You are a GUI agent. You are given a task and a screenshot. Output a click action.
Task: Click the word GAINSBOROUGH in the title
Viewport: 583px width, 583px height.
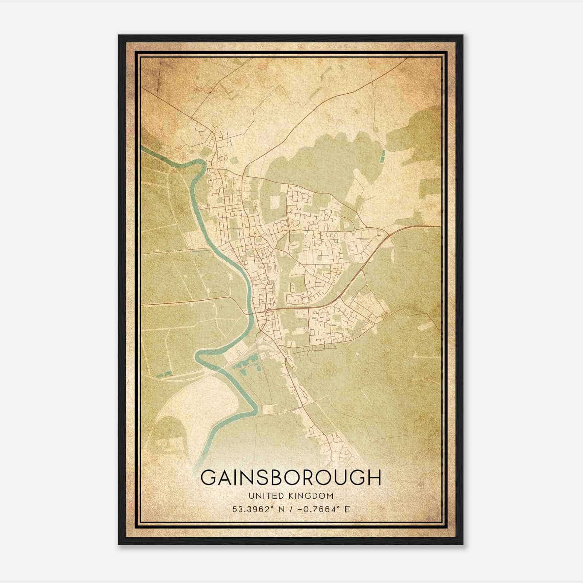(x=291, y=478)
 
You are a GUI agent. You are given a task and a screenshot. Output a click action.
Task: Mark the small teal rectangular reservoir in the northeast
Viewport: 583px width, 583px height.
(x=382, y=156)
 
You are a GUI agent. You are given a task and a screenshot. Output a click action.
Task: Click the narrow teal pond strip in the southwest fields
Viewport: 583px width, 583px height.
(x=164, y=374)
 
